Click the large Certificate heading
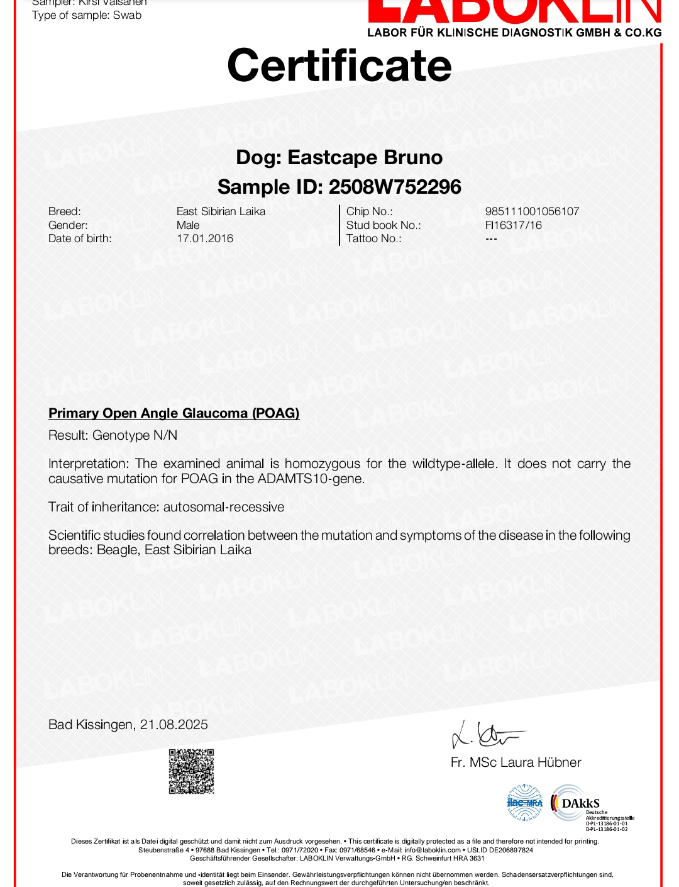339,66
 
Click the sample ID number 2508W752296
395,187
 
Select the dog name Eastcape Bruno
365,157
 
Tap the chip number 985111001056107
532,211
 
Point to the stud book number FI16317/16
513,225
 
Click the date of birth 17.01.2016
205,238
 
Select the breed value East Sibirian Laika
221,211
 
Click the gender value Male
188,225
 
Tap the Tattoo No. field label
373,238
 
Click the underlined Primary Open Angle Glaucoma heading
174,413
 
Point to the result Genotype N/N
135,435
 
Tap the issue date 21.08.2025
174,725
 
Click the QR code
191,771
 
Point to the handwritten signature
487,735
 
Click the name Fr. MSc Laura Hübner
516,762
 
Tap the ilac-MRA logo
525,803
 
